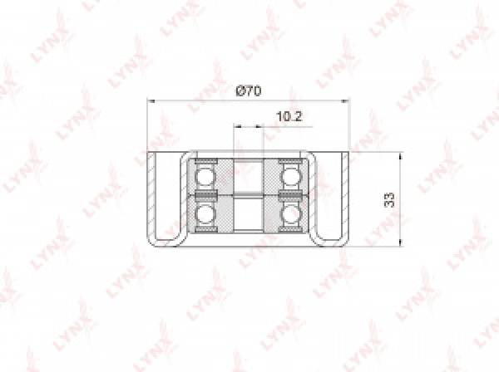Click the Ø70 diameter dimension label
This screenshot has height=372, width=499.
pos(248,91)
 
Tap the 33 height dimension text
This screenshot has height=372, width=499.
pos(389,199)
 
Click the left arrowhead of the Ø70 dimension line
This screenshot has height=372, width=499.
pos(151,101)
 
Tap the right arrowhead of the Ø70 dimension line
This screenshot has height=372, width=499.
pos(345,101)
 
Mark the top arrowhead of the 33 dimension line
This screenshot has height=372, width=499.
pos(400,155)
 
